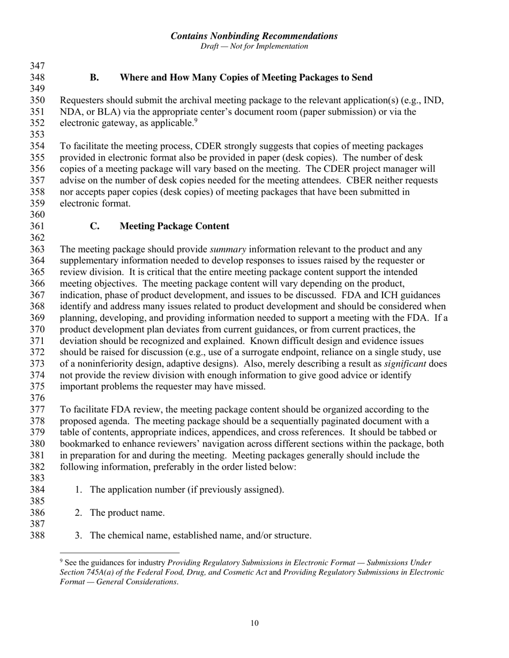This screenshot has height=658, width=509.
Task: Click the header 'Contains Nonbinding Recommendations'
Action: coord(254,36)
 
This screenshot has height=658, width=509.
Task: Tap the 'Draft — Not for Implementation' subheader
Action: coord(254,47)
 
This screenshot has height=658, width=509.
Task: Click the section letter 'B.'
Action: coord(94,78)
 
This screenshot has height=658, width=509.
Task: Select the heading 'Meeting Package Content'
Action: coord(174,226)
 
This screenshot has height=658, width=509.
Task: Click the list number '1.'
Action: coord(79,489)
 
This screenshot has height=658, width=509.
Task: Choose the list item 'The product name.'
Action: coord(127,512)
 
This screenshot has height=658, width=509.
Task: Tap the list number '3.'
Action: coord(79,535)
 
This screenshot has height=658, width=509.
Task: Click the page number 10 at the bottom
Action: coord(254,623)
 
